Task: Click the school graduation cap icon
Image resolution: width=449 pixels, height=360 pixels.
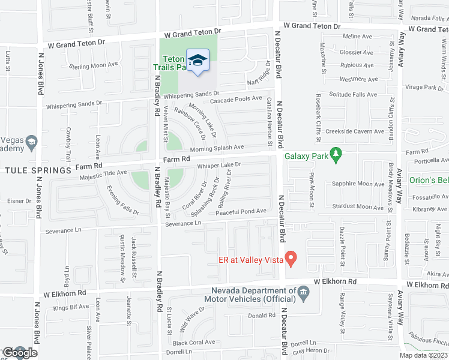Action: click(197, 61)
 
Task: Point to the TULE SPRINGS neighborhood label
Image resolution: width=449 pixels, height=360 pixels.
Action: click(40, 170)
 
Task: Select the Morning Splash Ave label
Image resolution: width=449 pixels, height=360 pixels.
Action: click(217, 148)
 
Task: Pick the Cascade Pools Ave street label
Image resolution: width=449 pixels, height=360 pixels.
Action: click(236, 99)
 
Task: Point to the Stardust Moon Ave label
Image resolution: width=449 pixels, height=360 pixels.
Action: click(358, 206)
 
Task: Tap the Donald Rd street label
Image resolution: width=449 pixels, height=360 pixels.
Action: click(262, 316)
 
